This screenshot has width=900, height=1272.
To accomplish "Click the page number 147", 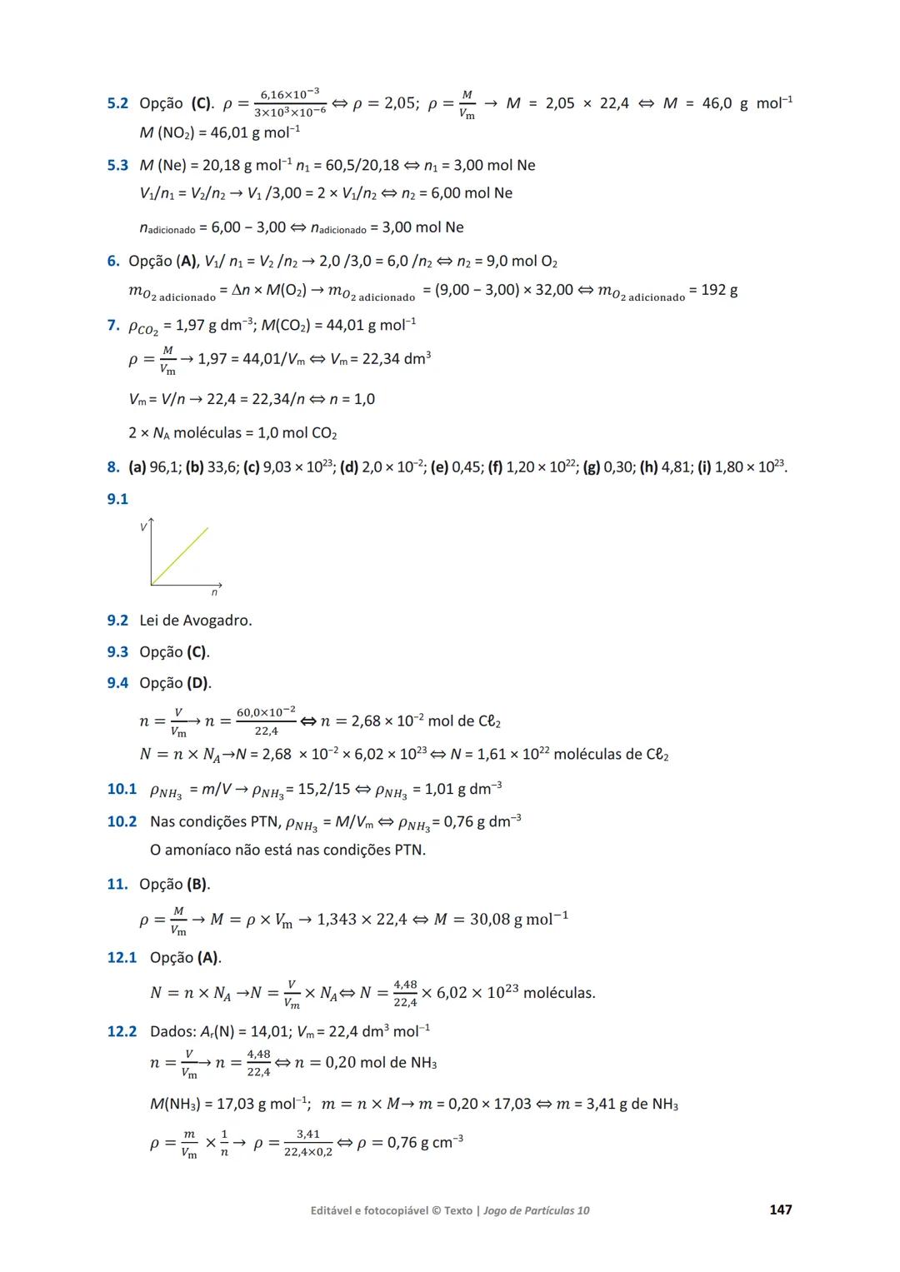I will tap(780, 1210).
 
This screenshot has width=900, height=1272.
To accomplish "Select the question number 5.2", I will tap(117, 103).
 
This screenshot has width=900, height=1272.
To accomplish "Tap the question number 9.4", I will tap(117, 683).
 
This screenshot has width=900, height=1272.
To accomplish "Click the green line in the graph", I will tap(180, 555).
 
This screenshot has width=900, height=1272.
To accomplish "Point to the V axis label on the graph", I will tap(143, 527).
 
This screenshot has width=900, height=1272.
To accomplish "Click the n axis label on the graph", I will tap(214, 592).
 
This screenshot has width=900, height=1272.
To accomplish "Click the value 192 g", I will tap(719, 290).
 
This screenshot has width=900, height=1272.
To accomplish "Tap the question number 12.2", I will tap(122, 1031).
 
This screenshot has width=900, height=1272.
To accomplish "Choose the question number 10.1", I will tap(122, 789).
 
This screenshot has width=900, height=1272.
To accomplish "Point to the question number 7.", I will tap(112, 325).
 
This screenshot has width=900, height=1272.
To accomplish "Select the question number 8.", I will tap(112, 466).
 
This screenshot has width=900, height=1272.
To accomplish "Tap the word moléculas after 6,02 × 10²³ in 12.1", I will tap(558, 993).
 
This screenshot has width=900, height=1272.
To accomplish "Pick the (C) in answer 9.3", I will tap(197, 652).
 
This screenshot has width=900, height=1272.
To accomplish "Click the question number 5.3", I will tap(117, 165).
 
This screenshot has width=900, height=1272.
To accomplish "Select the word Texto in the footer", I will tap(458, 1210).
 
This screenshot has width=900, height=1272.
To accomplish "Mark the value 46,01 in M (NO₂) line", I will tap(229, 133).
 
